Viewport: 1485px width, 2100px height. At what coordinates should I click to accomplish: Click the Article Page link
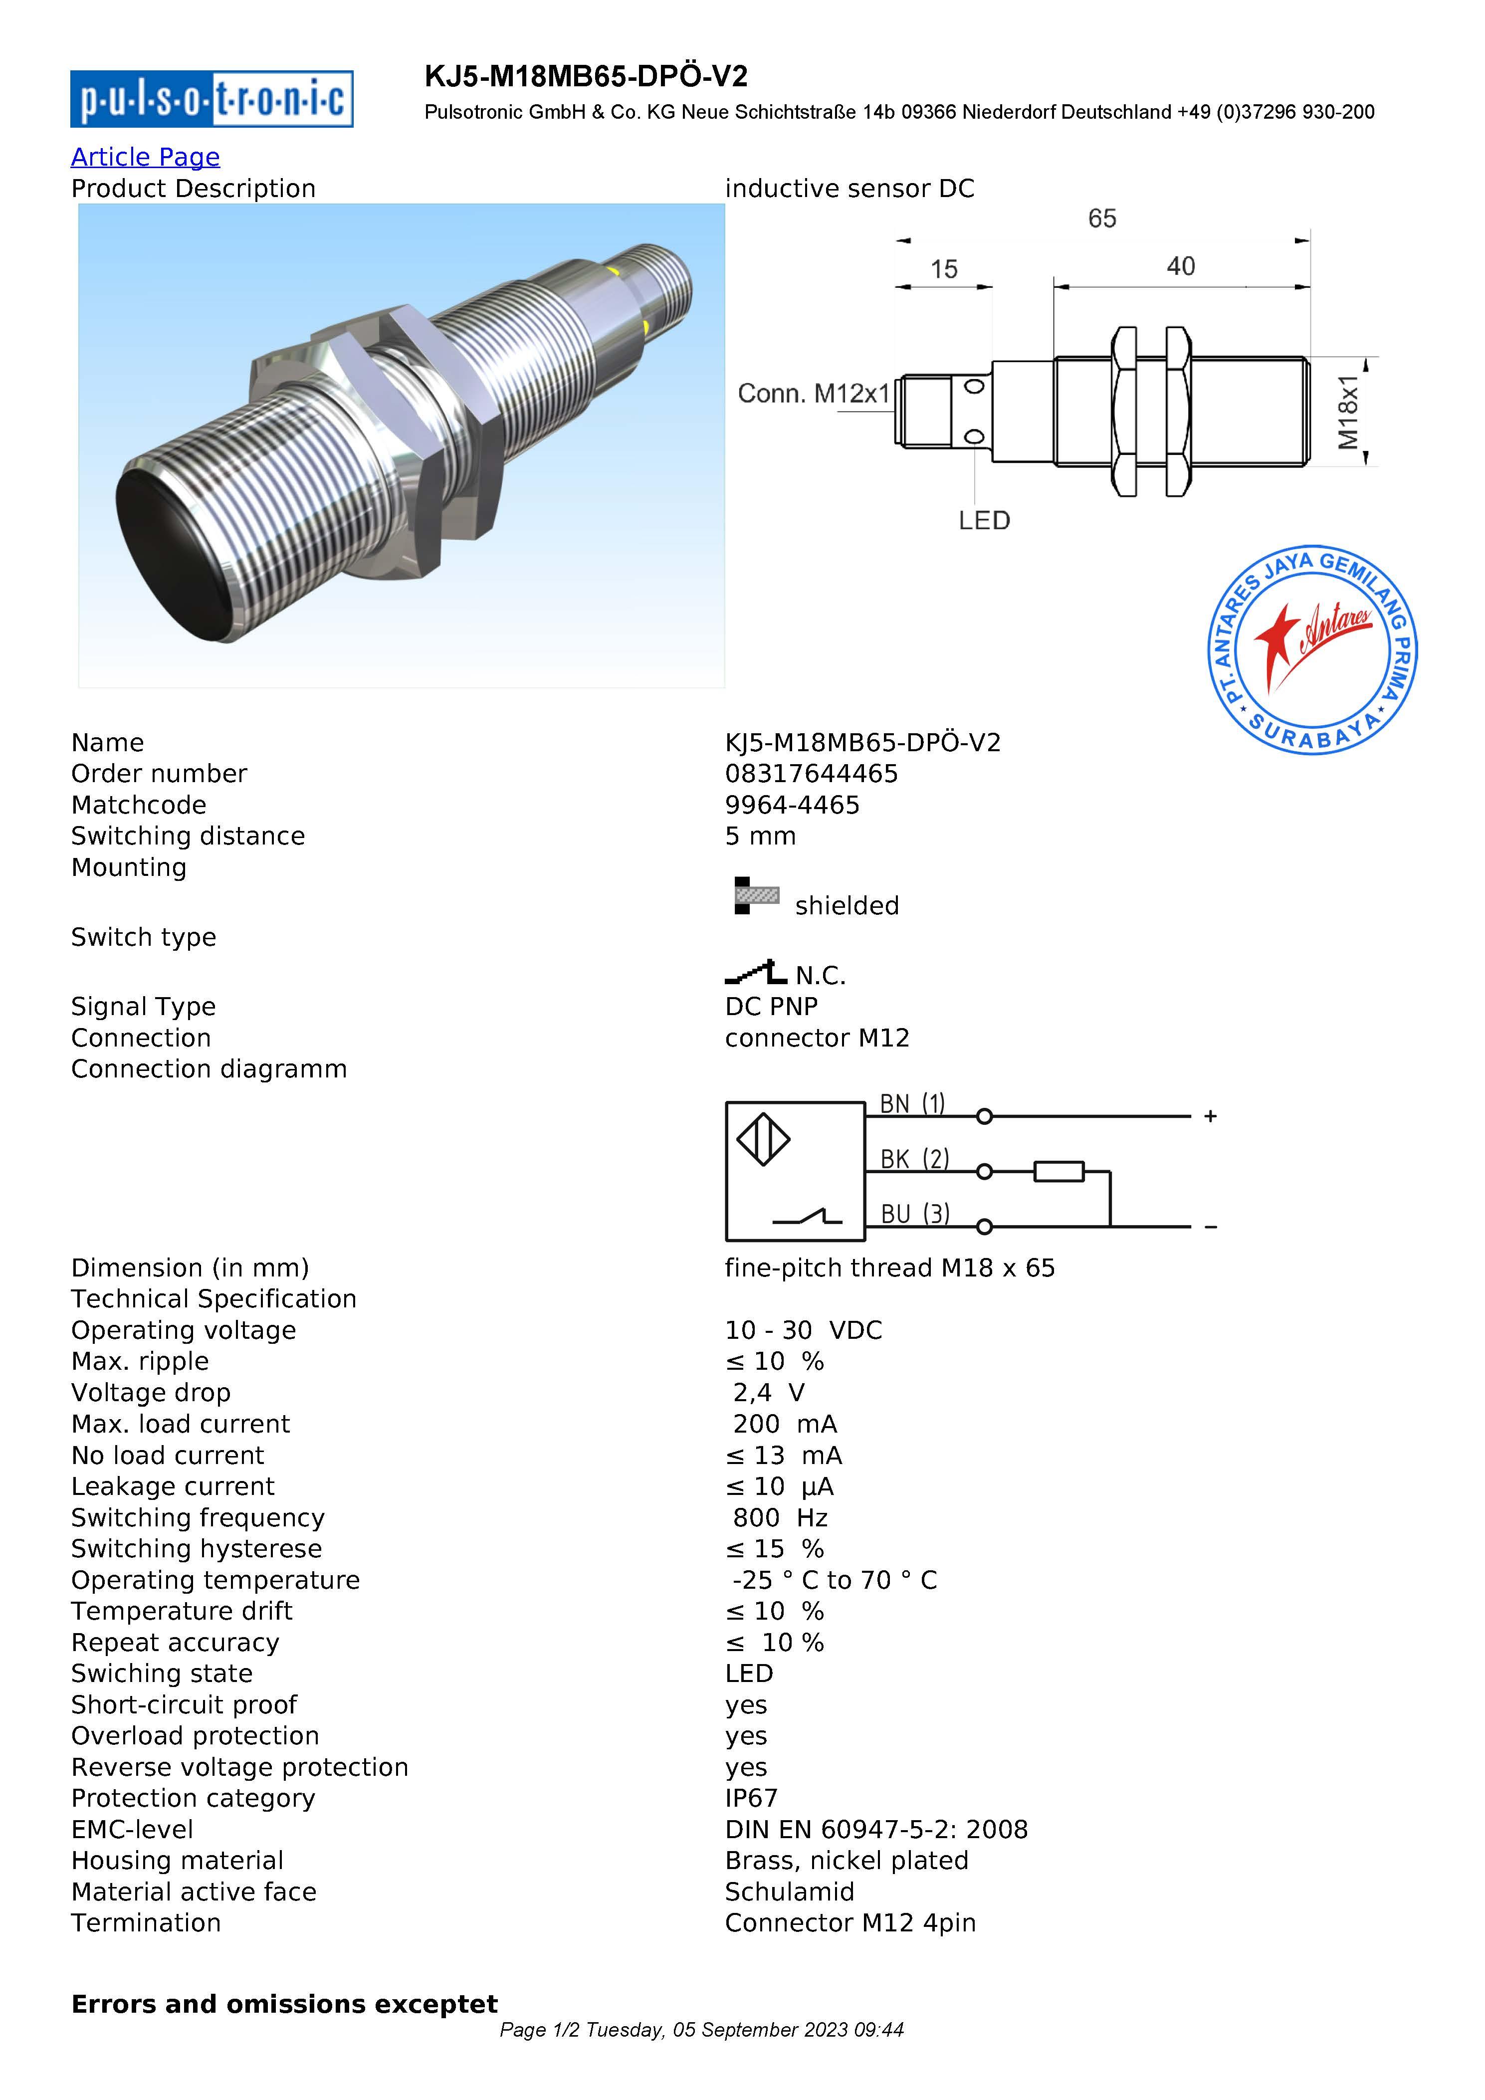point(145,157)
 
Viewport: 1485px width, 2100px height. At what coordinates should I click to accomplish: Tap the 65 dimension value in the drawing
point(1102,218)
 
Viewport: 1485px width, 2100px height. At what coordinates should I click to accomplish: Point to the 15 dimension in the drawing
point(944,269)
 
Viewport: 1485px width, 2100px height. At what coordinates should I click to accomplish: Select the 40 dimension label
point(1181,266)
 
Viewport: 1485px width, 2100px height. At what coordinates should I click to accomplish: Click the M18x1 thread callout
point(1348,413)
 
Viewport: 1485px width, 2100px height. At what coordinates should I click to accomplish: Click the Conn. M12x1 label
point(813,394)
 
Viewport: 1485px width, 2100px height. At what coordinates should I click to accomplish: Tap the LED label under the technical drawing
point(984,520)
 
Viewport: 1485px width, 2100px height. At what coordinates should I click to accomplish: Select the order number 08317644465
point(811,774)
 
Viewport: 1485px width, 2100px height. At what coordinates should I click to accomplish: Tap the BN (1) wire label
point(912,1104)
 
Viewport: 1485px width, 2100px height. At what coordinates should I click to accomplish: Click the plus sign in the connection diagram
point(1210,1116)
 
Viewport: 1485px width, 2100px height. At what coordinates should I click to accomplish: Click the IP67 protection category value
point(751,1798)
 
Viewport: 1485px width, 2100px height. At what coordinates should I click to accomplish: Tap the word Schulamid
point(789,1891)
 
